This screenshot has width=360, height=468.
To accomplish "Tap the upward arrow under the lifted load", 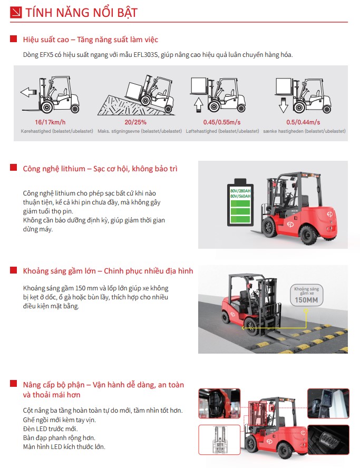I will point(199,102).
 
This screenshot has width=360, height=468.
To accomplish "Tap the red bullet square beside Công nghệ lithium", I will point(13,168).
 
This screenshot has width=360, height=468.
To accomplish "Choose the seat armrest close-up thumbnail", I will point(219,403).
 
